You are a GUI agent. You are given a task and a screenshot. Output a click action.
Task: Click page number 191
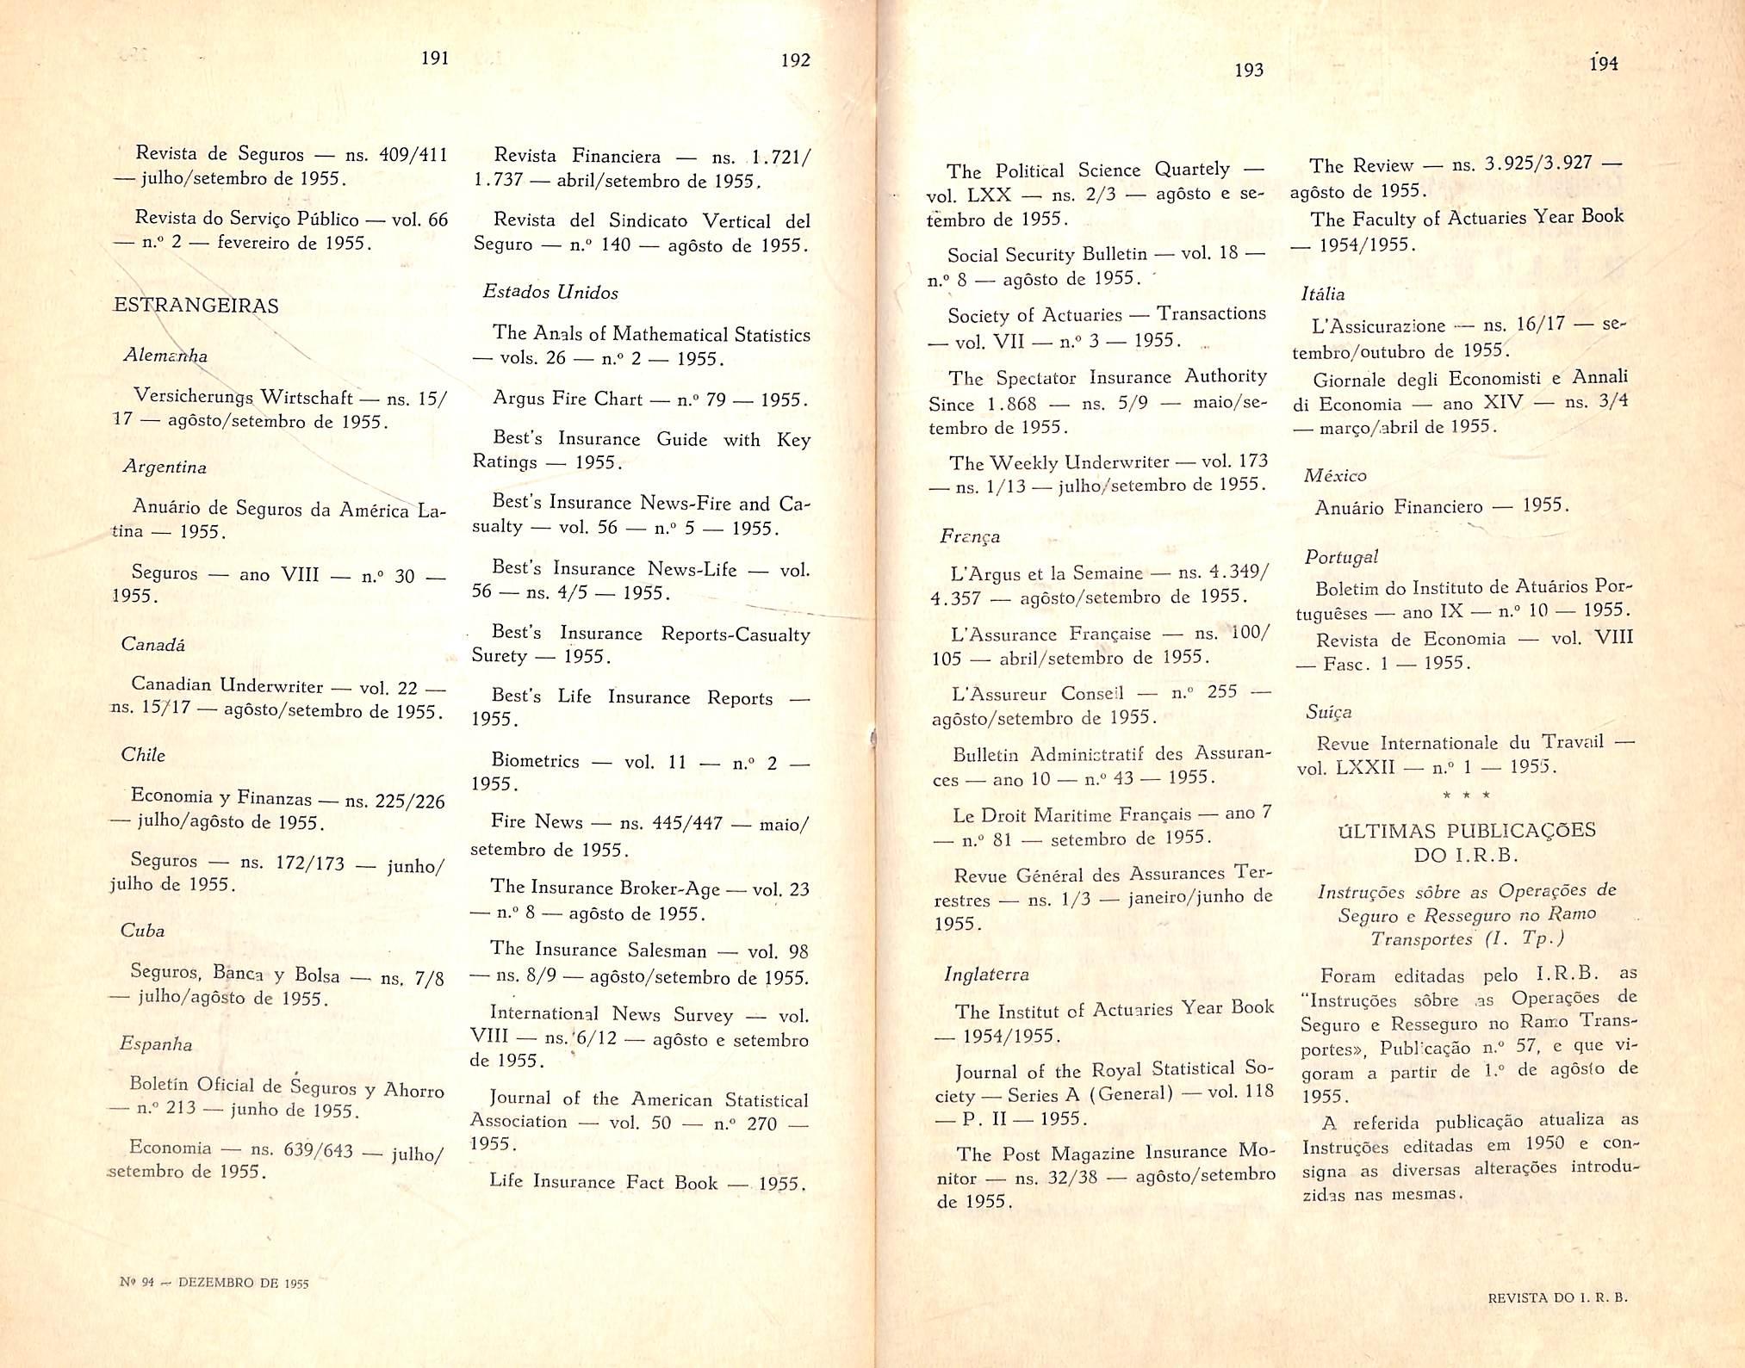[x=435, y=58]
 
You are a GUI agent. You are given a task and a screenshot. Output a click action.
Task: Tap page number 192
[x=795, y=59]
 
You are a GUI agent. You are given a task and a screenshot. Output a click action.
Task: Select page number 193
[x=1248, y=70]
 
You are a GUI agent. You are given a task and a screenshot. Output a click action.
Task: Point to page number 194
[x=1603, y=63]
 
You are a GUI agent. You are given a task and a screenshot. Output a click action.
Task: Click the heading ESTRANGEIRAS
[x=196, y=306]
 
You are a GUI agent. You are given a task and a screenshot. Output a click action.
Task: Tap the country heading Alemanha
[x=165, y=355]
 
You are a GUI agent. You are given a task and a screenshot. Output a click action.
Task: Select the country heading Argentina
[x=164, y=467]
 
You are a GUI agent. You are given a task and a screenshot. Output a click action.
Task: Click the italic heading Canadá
[x=152, y=644]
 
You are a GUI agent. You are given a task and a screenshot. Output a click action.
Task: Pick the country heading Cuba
[x=142, y=930]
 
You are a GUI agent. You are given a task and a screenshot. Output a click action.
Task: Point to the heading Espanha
[x=156, y=1044]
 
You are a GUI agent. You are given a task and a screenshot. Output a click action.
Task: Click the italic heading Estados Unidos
[x=550, y=292]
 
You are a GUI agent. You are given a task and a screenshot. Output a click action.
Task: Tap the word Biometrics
[x=535, y=760]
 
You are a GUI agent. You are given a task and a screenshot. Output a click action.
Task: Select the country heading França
[x=970, y=536]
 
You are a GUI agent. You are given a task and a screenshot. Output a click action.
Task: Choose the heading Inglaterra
[x=986, y=974]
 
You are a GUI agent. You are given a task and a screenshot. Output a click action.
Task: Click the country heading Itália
[x=1322, y=294]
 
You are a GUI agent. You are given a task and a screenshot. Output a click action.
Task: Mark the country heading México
[x=1335, y=475]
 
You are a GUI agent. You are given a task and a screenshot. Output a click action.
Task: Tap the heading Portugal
[x=1341, y=556]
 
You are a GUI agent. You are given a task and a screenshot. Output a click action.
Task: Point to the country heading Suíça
[x=1329, y=712]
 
